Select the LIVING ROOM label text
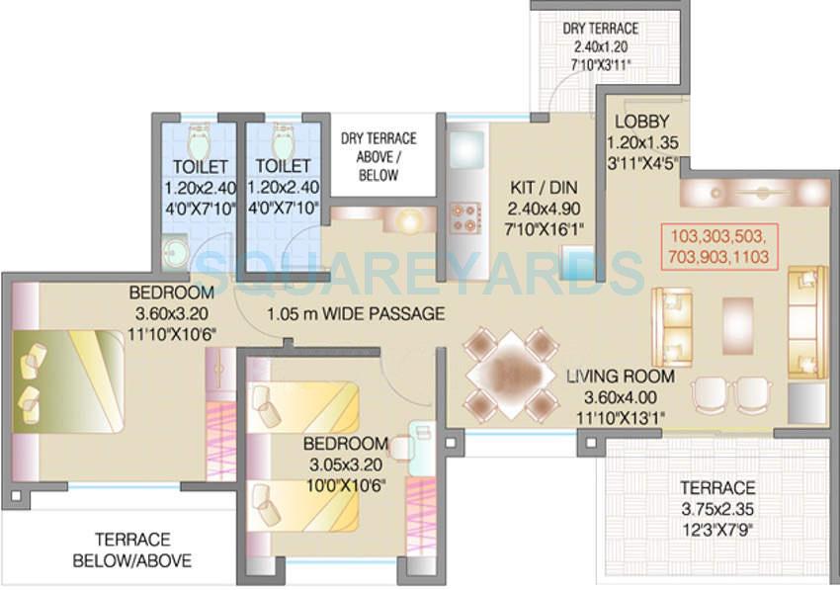click(x=620, y=377)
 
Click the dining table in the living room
click(x=513, y=374)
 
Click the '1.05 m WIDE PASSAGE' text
click(x=355, y=314)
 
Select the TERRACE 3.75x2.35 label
click(x=718, y=488)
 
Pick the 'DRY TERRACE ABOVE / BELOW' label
click(x=378, y=156)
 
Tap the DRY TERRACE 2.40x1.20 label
click(x=600, y=29)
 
